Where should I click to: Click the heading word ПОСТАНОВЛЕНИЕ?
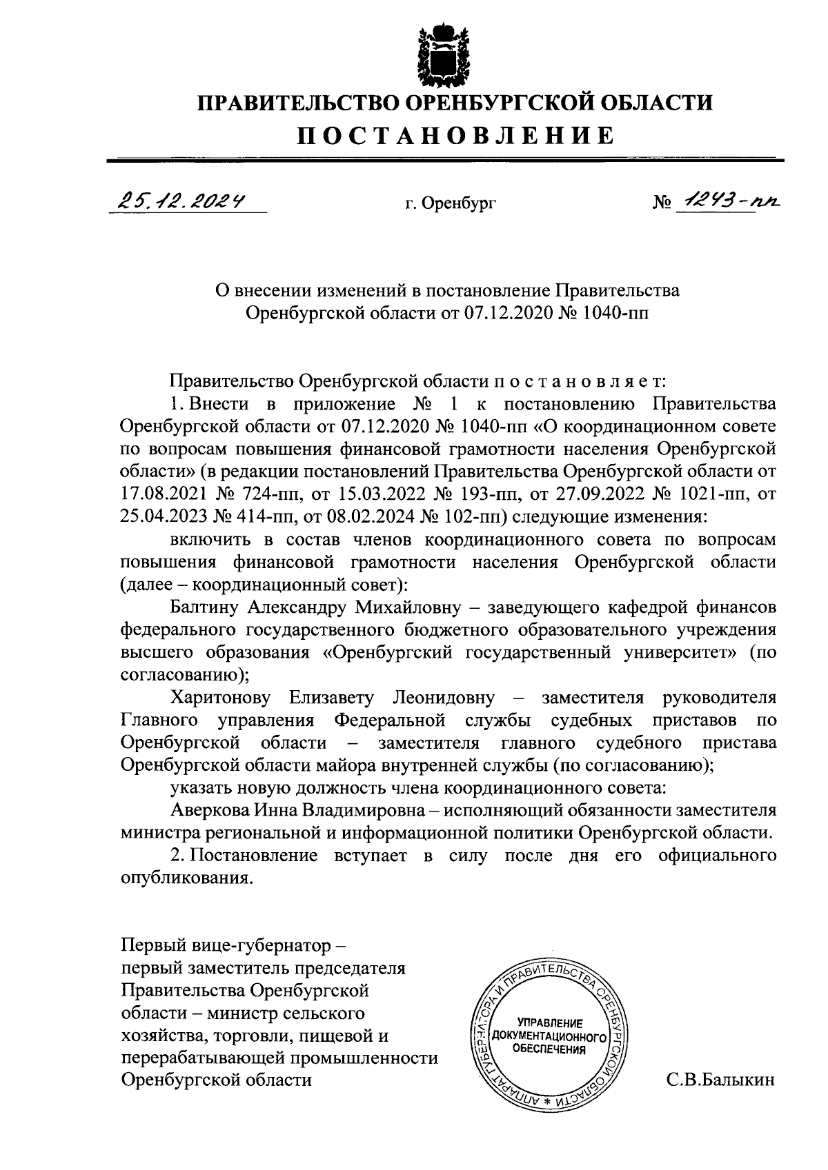coord(455,136)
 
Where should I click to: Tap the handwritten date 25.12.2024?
coord(182,201)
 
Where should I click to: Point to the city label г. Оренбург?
coord(451,203)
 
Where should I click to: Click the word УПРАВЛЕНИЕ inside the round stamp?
coord(550,1023)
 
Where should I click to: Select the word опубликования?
coord(184,878)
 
